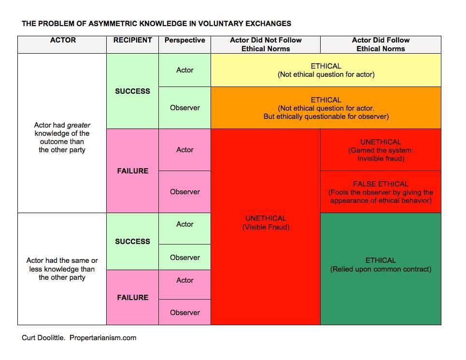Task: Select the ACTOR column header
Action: click(63, 40)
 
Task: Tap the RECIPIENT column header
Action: click(132, 40)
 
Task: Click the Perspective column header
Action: click(184, 40)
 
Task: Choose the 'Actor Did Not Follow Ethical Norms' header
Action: click(266, 44)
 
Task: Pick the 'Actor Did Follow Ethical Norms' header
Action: click(381, 44)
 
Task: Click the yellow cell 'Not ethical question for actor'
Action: click(326, 70)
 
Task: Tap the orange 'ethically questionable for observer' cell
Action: click(326, 108)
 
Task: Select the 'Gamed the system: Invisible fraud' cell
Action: click(381, 150)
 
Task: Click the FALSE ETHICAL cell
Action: click(381, 192)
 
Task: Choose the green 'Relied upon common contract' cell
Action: click(381, 265)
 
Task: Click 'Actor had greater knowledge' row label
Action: click(62, 137)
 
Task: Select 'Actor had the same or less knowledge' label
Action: click(62, 269)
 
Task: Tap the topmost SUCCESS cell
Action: click(132, 91)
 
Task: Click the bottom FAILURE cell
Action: click(132, 298)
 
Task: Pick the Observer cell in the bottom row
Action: click(184, 313)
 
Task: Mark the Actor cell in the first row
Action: click(184, 70)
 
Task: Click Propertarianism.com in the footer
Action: click(103, 338)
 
